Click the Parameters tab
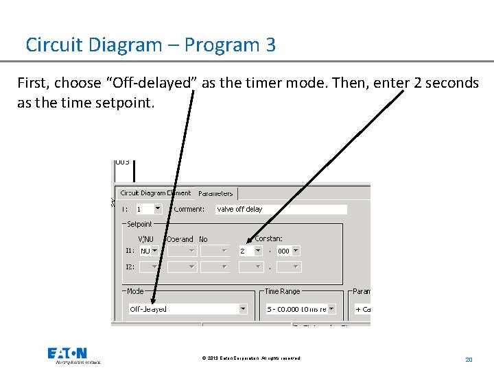click(x=215, y=194)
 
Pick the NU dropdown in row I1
click(x=149, y=251)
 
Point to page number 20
click(x=469, y=359)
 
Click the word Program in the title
click(x=215, y=45)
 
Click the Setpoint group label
click(x=140, y=224)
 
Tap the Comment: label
click(x=189, y=209)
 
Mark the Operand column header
click(x=180, y=239)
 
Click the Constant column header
click(x=268, y=238)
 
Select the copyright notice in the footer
click(x=251, y=358)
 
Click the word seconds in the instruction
click(x=451, y=83)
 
